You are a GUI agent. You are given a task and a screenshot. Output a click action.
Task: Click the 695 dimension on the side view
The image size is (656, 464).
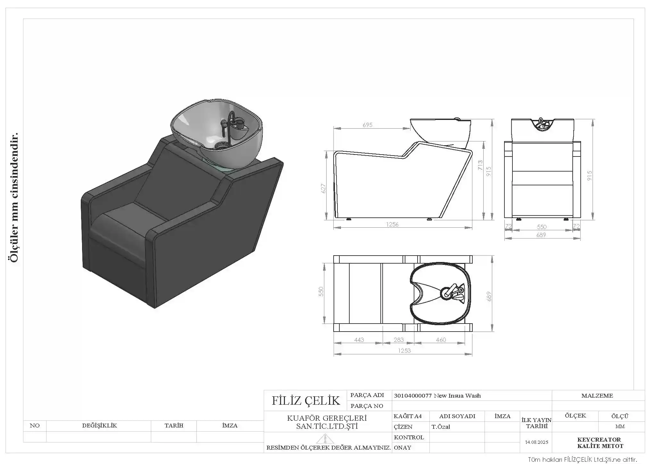368,125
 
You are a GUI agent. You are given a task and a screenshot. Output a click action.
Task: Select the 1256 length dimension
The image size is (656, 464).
392,224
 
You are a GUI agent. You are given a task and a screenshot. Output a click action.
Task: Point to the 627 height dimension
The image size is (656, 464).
323,189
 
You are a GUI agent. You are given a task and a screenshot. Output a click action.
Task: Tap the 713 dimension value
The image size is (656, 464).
480,165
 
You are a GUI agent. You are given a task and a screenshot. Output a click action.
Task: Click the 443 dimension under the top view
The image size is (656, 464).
359,340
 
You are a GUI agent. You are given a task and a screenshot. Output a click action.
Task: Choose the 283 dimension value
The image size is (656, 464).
399,340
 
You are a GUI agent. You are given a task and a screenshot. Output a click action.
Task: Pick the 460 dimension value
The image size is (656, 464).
441,340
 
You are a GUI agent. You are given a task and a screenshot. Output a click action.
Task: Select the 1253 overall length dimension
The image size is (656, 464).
404,350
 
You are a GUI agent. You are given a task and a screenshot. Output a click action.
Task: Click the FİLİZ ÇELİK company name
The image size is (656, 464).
306,401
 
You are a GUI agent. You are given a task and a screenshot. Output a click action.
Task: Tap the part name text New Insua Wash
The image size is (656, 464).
457,396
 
